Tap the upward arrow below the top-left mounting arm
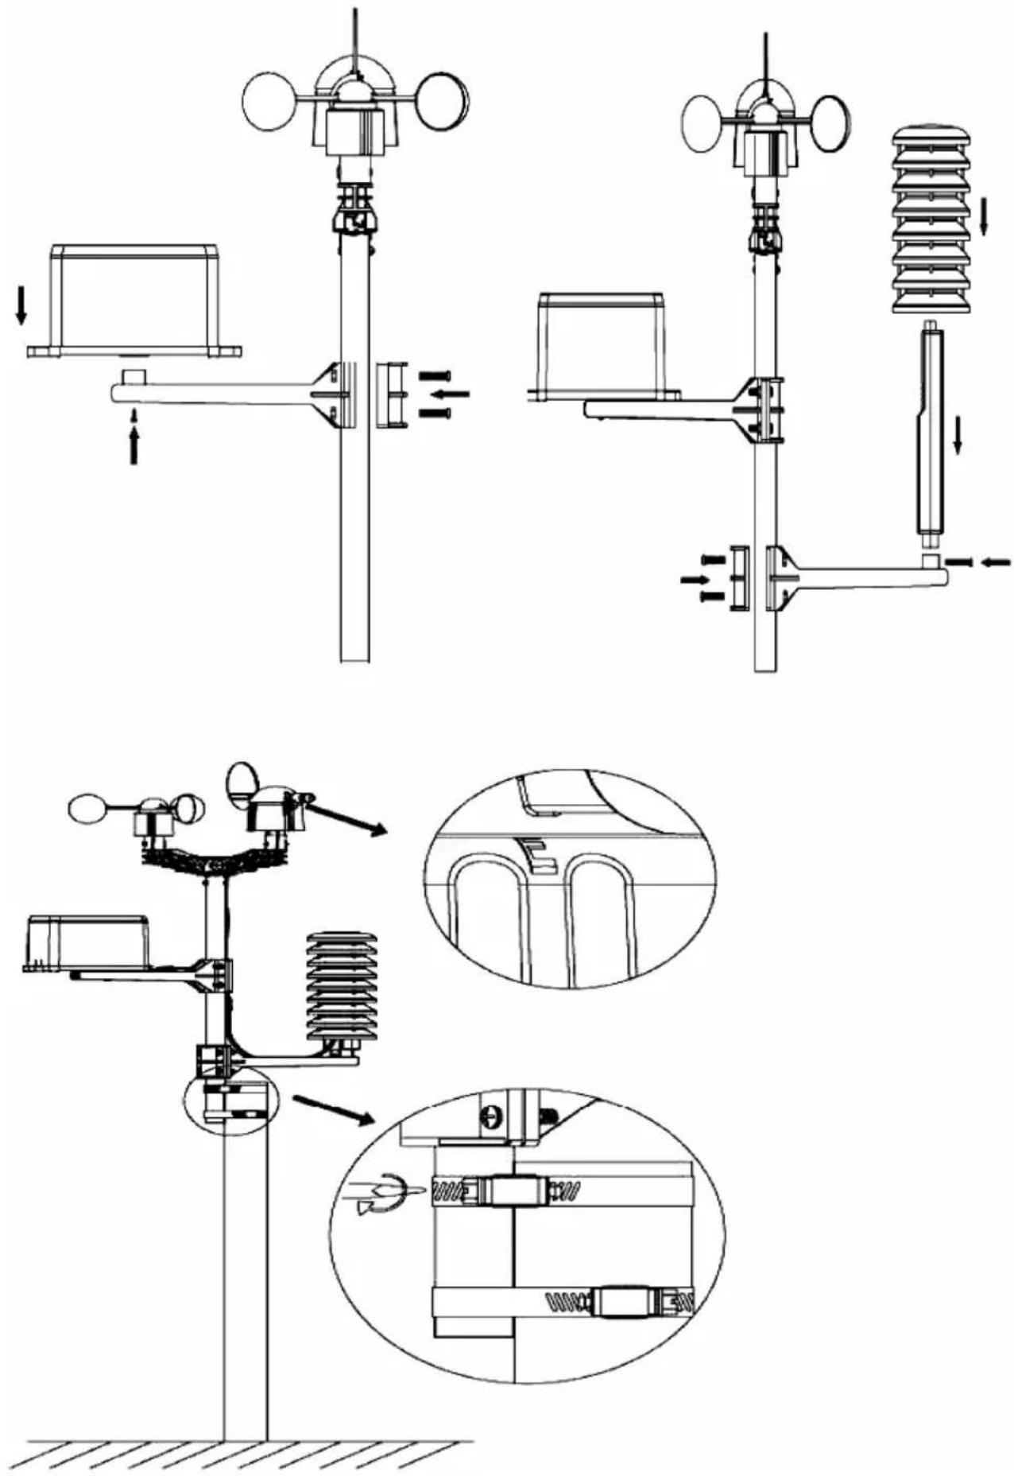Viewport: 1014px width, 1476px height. (x=134, y=445)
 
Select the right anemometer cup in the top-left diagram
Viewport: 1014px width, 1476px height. (x=442, y=101)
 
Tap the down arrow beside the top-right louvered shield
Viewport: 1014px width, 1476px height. (x=983, y=216)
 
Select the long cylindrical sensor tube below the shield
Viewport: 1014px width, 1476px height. (x=932, y=433)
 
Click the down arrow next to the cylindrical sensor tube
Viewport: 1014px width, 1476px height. (x=958, y=436)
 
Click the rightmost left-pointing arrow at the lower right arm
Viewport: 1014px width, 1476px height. (x=996, y=562)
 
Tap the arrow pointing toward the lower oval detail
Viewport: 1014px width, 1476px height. (x=332, y=1109)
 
